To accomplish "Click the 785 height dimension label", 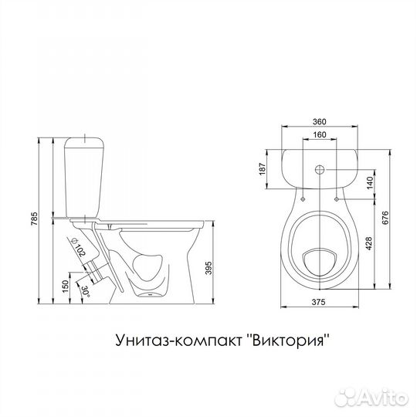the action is point(35,219).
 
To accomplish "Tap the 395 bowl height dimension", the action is point(209,268).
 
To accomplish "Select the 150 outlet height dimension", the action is point(65,286).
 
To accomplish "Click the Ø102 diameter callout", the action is point(78,247).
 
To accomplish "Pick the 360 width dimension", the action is point(319,122).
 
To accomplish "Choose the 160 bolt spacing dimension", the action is point(320,134).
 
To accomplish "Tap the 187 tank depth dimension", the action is point(263,169).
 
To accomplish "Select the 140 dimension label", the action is point(370,183).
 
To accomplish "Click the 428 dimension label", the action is point(369,243).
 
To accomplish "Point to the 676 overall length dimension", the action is point(385,218).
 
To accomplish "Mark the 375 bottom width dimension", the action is point(319,302).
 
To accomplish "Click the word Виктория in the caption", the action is point(289,340).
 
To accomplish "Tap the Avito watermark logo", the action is point(371,398).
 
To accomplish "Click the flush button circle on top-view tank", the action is point(320,169).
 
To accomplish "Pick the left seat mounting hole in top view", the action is point(303,199).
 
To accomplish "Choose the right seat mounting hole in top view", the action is point(337,199).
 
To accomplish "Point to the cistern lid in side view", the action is point(84,142).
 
